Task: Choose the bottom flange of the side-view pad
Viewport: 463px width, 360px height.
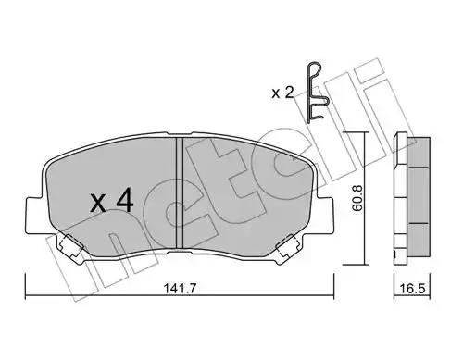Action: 406,252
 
